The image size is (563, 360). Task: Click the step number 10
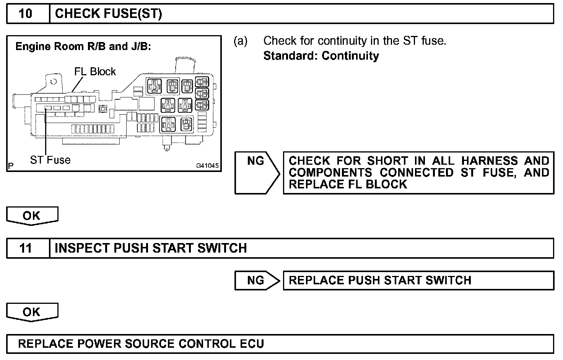pos(26,14)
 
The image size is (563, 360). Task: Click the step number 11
pos(26,248)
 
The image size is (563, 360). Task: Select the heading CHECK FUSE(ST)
pos(109,14)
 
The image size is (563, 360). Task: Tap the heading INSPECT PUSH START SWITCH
pos(151,248)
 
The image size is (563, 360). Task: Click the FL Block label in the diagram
pos(95,71)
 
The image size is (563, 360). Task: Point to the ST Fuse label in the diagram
pos(50,160)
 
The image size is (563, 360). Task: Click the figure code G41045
pos(208,166)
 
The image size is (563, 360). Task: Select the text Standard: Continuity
pos(321,56)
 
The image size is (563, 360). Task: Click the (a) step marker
pos(241,41)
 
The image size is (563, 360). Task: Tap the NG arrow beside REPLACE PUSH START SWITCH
pos(256,281)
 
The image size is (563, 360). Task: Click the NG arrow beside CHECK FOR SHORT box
pos(256,172)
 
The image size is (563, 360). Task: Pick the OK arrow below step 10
pos(32,216)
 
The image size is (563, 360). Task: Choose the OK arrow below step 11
pos(32,312)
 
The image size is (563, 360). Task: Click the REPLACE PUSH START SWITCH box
pos(418,281)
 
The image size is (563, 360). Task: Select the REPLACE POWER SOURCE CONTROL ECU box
pos(280,344)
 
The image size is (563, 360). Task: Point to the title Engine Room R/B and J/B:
pos(83,47)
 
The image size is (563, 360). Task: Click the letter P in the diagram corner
pos(11,166)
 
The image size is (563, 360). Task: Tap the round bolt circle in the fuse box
pos(102,109)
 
